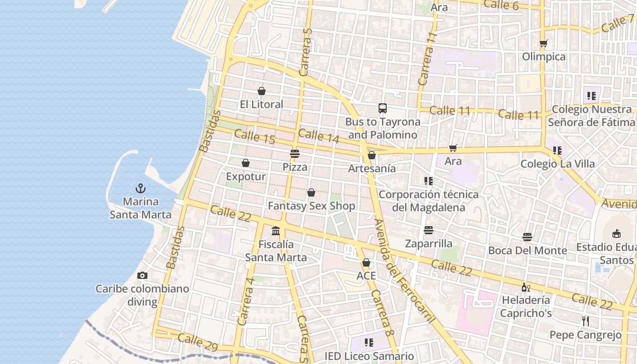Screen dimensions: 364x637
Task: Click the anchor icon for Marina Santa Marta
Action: point(141,188)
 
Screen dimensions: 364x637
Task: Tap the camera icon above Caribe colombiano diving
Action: point(142,275)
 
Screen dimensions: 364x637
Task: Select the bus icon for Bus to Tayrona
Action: point(382,108)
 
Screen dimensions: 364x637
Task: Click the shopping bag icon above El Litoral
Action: point(261,91)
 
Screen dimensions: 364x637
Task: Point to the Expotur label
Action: point(246,177)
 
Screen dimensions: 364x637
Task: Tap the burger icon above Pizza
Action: point(295,154)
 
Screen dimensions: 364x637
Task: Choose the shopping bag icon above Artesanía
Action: point(371,155)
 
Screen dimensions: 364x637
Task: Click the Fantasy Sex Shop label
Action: point(311,206)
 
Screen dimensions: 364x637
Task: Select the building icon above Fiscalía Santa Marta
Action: point(276,231)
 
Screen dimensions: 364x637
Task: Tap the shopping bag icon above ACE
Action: point(366,263)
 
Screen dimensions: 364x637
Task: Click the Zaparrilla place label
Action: point(429,244)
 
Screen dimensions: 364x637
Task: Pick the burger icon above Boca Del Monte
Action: point(527,237)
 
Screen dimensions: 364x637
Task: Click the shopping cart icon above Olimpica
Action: point(543,44)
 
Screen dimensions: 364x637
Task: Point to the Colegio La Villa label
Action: point(557,164)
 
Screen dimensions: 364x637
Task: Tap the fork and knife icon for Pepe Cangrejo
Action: point(585,321)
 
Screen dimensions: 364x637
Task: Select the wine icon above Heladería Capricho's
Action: point(526,287)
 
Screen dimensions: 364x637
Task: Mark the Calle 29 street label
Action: point(198,342)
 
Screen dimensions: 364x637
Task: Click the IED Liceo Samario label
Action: point(369,356)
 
